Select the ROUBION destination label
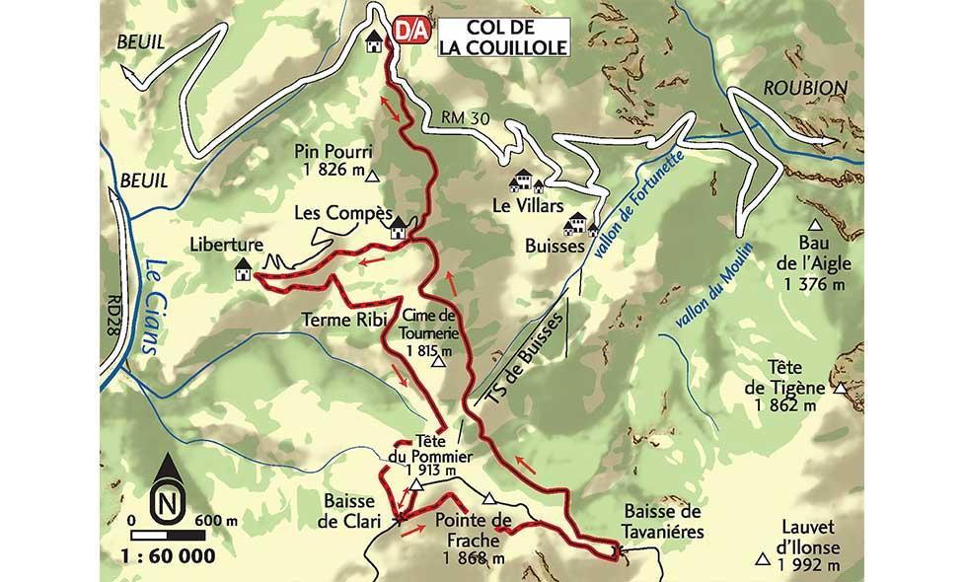click(x=805, y=88)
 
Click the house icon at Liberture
click(x=242, y=269)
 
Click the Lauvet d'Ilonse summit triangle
click(x=762, y=560)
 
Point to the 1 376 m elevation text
click(x=815, y=284)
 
